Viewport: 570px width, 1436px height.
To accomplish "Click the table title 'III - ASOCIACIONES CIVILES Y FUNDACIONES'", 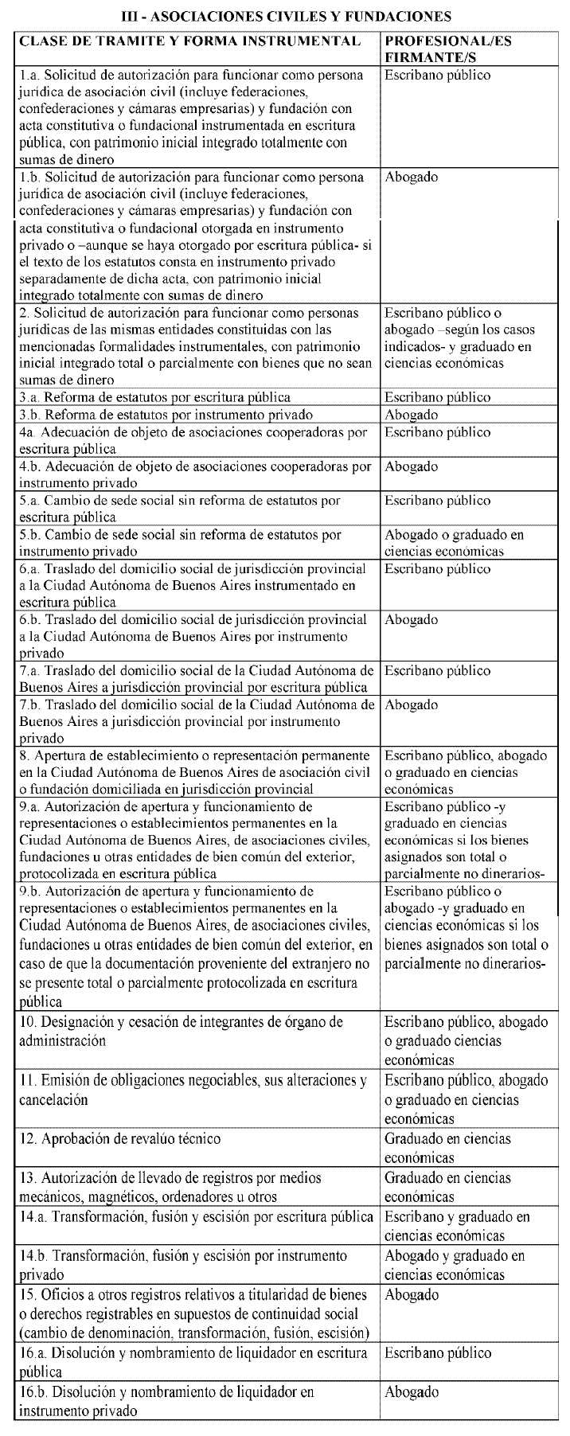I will (x=285, y=15).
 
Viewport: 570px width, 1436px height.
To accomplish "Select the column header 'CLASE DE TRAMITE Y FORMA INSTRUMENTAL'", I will (x=189, y=41).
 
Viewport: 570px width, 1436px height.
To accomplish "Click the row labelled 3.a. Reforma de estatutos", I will (x=155, y=397).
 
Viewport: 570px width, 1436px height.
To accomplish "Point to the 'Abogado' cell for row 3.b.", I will (x=412, y=415).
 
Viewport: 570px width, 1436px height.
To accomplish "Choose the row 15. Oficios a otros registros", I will (x=194, y=1313).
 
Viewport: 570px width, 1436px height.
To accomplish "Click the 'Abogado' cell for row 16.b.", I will (x=412, y=1392).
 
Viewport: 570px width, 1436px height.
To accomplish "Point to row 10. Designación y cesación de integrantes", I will (x=181, y=1031).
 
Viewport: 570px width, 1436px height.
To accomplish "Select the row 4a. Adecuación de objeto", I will (x=193, y=440).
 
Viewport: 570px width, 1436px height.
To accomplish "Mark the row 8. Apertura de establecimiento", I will (x=195, y=771).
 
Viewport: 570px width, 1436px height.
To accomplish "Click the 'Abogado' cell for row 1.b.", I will (x=412, y=178).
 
